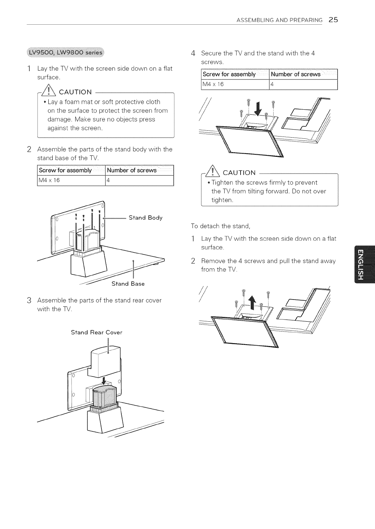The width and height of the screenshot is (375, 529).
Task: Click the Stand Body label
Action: pos(145,218)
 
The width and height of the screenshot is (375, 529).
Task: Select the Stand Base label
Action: pos(128,284)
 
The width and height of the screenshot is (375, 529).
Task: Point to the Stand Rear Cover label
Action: pos(97,332)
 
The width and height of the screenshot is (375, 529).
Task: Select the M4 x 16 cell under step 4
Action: pos(213,84)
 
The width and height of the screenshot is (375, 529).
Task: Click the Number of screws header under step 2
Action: pos(132,170)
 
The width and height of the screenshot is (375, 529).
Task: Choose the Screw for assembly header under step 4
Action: pos(229,74)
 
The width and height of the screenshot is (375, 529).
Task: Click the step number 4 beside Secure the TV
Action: pos(193,53)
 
